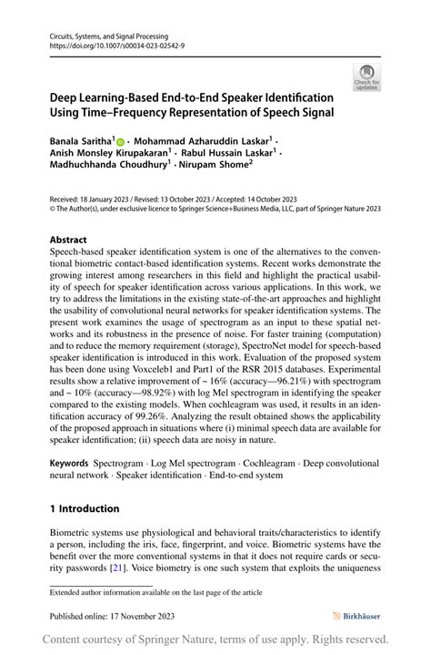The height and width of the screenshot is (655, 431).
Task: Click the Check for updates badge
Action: coord(367,77)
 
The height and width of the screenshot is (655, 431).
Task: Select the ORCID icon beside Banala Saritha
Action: coord(122,141)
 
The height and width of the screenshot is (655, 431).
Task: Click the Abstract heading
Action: coord(68,240)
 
